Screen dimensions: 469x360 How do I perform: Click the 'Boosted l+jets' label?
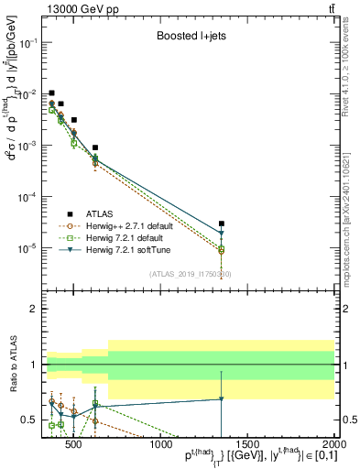pyautogui.click(x=193, y=38)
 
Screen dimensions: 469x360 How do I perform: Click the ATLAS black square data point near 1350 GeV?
pyautogui.click(x=221, y=224)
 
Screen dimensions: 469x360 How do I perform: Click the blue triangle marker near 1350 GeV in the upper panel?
pyautogui.click(x=221, y=234)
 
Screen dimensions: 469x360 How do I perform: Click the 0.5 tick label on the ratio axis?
pyautogui.click(x=30, y=420)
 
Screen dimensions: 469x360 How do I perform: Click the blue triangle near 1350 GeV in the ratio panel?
pyautogui.click(x=221, y=399)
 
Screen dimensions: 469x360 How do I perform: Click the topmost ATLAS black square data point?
pyautogui.click(x=52, y=93)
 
